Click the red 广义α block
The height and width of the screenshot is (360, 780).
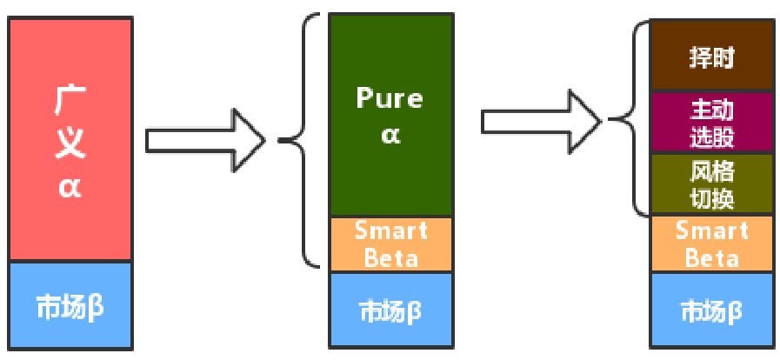click(x=70, y=139)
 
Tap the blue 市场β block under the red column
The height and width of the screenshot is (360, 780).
click(x=70, y=306)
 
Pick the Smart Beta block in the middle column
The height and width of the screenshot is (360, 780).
click(x=391, y=244)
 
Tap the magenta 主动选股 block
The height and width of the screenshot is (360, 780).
click(x=712, y=123)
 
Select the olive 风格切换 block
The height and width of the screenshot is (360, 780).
click(x=712, y=184)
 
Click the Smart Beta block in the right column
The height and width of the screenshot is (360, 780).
click(x=712, y=244)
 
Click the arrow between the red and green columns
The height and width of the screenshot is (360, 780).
click(x=205, y=139)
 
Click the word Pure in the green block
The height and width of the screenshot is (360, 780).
click(x=390, y=97)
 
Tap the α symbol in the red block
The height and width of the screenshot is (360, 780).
click(x=70, y=186)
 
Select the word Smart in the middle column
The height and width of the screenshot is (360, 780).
click(x=391, y=231)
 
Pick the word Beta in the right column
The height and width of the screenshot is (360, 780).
click(x=712, y=258)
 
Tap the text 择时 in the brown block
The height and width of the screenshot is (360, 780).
click(x=712, y=57)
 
